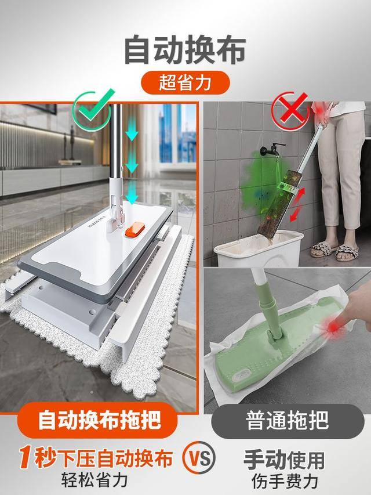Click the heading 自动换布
(x=184, y=50)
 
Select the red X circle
(x=292, y=110)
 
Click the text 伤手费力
(x=288, y=481)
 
